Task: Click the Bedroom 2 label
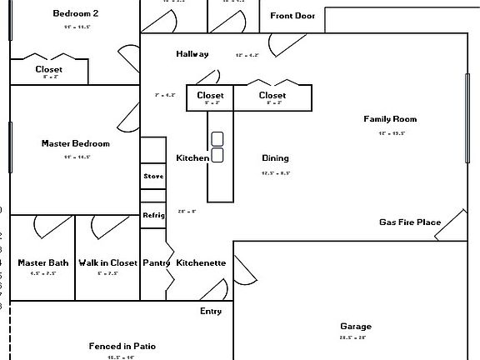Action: pos(76,13)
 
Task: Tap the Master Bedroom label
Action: pos(76,143)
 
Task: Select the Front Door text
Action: pos(293,16)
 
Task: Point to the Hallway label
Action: pos(192,54)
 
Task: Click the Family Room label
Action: pos(390,119)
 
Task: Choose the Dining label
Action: pos(275,158)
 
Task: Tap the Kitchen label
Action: pos(192,158)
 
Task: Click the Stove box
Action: pos(153,177)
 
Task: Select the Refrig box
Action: pos(153,215)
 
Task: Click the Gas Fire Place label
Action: pos(410,222)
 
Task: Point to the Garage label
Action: pos(356,326)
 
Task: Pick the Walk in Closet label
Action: pos(108,262)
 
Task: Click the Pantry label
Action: pos(156,262)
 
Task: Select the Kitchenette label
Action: pos(201,262)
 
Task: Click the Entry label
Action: pos(211,311)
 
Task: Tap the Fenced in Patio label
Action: pos(122,346)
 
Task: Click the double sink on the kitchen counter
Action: pos(217,147)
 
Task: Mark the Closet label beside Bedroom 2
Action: pos(49,70)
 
